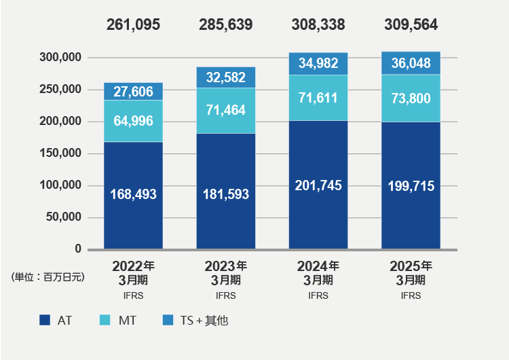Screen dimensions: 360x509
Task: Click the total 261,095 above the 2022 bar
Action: click(133, 25)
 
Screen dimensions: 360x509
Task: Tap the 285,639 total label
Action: click(226, 25)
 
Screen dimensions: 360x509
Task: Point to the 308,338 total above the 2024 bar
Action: click(318, 25)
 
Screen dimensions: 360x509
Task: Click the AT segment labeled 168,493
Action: click(133, 194)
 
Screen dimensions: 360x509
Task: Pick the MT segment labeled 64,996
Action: click(133, 121)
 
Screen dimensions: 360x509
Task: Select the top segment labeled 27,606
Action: click(133, 92)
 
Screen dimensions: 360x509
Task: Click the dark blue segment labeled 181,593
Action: click(226, 194)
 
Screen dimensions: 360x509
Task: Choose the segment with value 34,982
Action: click(318, 64)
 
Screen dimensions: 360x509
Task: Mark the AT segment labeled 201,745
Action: click(318, 185)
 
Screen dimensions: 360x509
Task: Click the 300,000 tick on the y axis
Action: click(62, 58)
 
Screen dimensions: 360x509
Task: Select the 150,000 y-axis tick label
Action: click(62, 154)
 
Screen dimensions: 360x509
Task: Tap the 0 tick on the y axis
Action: click(78, 249)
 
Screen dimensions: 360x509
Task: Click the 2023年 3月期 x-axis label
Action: click(226, 272)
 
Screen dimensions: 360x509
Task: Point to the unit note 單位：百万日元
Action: click(48, 277)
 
